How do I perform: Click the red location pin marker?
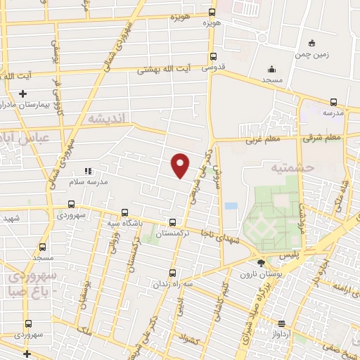tap(181, 165)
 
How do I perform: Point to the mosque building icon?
tap(271, 69)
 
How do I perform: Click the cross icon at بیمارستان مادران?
tap(23, 94)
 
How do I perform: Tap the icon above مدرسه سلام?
tap(88, 171)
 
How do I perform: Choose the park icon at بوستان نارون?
tap(262, 263)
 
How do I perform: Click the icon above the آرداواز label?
tap(282, 324)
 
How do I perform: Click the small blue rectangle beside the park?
tap(231, 206)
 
